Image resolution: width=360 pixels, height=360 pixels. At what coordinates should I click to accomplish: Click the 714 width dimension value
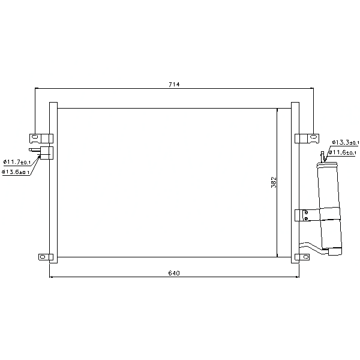(174, 85)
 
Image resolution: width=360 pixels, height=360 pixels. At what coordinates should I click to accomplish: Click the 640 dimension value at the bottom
(174, 273)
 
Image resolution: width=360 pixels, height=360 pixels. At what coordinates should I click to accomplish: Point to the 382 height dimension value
(274, 182)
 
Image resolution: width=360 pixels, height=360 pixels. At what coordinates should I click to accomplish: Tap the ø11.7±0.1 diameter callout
(17, 162)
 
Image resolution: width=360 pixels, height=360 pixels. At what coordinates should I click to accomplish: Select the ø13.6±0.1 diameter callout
(16, 172)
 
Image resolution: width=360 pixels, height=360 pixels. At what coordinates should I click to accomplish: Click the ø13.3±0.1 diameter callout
(346, 142)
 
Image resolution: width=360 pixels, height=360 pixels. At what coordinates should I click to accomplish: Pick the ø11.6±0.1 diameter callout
(343, 152)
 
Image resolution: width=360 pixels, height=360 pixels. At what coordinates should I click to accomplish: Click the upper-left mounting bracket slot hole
(35, 137)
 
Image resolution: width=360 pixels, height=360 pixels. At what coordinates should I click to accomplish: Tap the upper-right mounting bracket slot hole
(313, 137)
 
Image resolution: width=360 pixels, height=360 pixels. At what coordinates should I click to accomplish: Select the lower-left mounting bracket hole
(43, 257)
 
